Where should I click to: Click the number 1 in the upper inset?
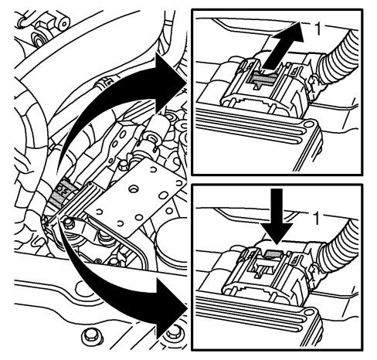pos(318,29)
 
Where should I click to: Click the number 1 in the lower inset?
pos(316,219)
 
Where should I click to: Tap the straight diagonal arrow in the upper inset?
pos(284,45)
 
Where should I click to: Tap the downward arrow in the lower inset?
pos(277,216)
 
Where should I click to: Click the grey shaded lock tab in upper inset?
pos(262,78)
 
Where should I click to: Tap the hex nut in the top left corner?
pos(42,26)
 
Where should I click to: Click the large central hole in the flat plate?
pos(134,189)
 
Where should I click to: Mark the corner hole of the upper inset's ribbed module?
pos(307,124)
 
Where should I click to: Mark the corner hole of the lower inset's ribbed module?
pos(308,313)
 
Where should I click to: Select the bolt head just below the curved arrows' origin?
pos(68,223)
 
